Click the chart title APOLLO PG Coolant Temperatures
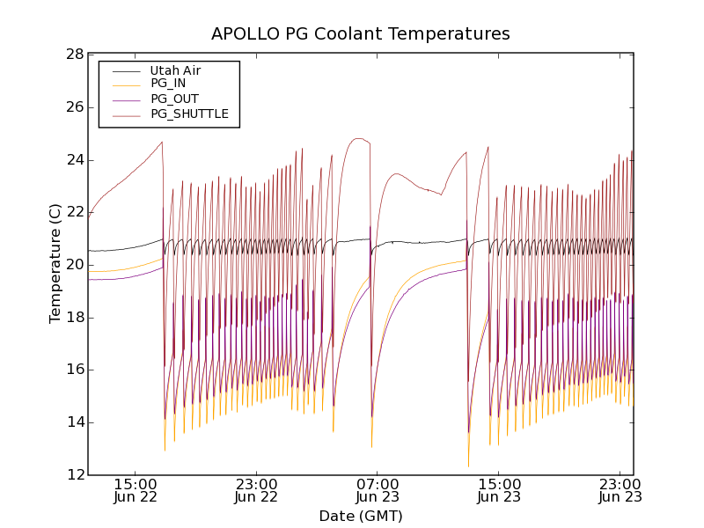tap(360, 34)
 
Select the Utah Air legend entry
tap(175, 70)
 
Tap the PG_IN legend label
tap(168, 84)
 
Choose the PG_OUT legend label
tap(174, 99)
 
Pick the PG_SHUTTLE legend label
tap(189, 114)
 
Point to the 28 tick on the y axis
tap(74, 55)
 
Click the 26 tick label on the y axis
tap(74, 107)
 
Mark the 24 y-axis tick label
tap(74, 160)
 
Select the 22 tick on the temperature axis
tap(74, 212)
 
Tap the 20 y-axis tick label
tap(74, 265)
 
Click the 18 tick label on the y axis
tap(74, 318)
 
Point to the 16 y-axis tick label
tap(74, 370)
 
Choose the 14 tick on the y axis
tap(74, 422)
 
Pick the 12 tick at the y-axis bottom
tap(74, 475)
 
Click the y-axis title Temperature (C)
tap(55, 263)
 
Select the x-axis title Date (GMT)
tap(360, 516)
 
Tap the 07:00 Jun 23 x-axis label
tap(378, 490)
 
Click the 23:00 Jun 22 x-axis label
tap(256, 490)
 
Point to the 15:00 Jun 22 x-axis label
tap(136, 490)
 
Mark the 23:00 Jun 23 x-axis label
tap(620, 490)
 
